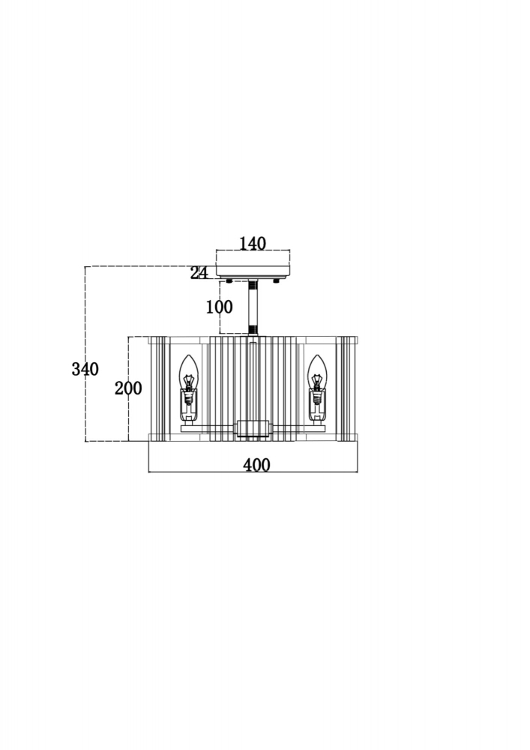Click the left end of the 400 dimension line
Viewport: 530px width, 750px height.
(148, 472)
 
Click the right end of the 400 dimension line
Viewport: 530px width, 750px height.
(358, 472)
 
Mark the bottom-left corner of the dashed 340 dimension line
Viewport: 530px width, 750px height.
(85, 442)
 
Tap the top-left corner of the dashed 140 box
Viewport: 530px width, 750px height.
(217, 250)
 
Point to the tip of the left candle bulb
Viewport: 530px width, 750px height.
(189, 355)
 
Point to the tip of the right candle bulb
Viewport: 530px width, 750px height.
(316, 355)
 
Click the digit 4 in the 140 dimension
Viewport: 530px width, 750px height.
(252, 244)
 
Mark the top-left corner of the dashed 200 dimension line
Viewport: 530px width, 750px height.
(128, 337)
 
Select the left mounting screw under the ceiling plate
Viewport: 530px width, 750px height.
(230, 280)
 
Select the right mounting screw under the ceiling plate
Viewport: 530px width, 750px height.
(276, 280)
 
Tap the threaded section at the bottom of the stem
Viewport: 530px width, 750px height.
(253, 329)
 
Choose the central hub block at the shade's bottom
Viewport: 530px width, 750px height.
(253, 428)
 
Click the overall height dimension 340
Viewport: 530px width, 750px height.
(85, 369)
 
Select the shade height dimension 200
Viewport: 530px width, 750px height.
(128, 388)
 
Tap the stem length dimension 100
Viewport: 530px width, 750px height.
(220, 307)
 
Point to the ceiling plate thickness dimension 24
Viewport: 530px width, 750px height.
(199, 273)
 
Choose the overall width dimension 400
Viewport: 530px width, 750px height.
(256, 465)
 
